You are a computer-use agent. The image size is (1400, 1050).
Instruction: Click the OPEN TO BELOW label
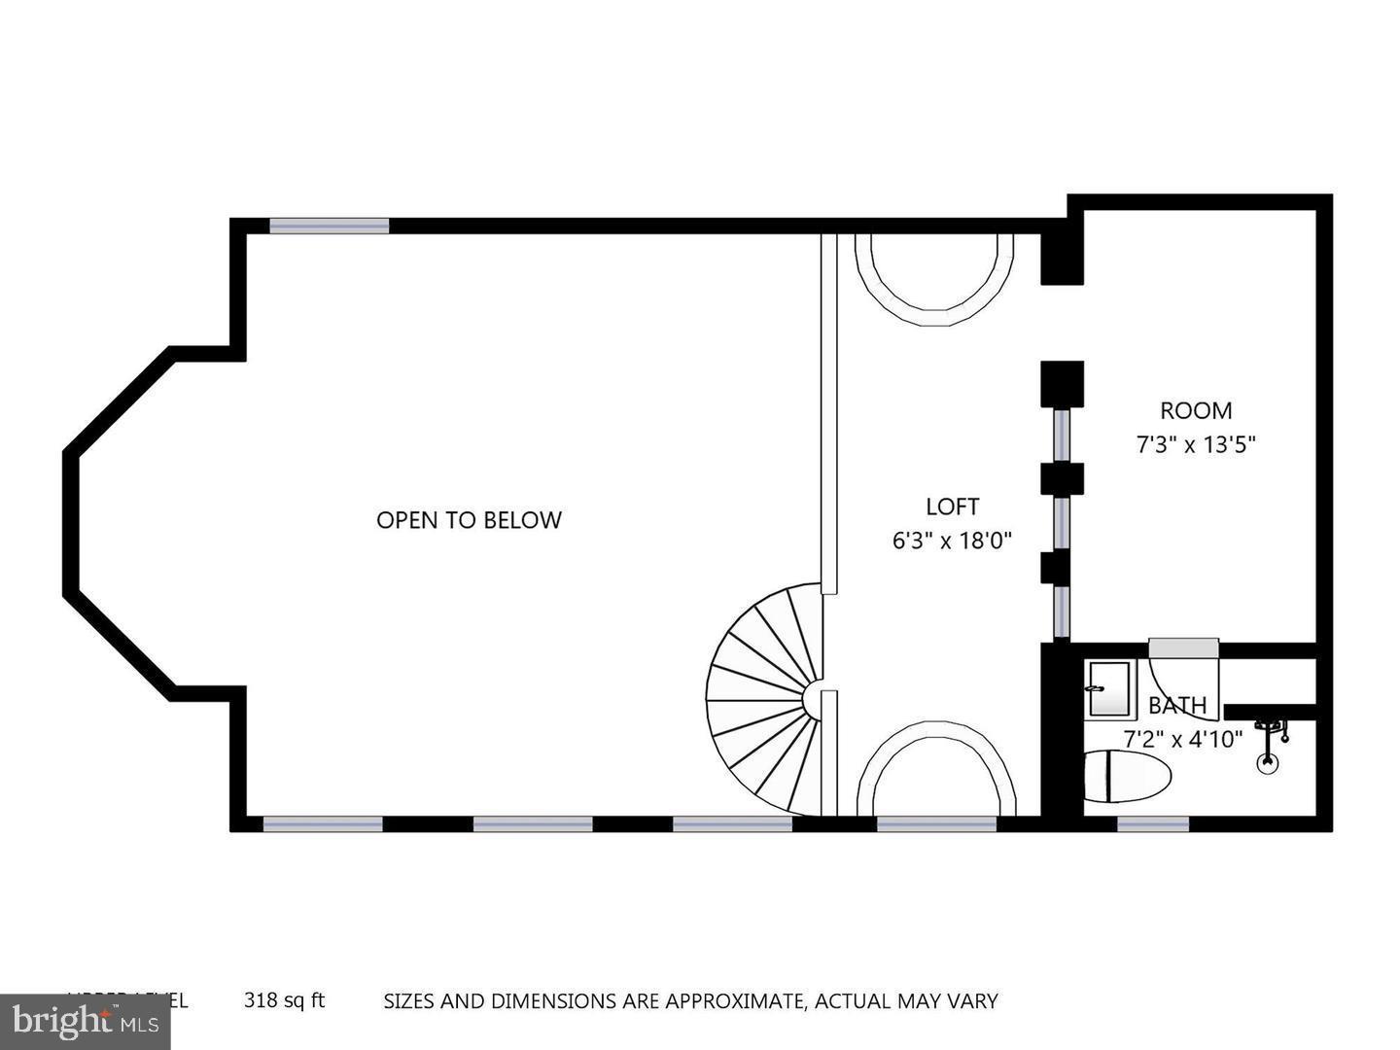click(469, 520)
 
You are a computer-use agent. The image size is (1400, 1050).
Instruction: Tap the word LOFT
click(952, 507)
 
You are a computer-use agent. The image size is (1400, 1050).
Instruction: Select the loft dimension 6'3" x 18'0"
click(952, 541)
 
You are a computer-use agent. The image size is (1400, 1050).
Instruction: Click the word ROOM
click(1196, 410)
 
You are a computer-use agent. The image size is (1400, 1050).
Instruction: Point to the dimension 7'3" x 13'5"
click(1196, 445)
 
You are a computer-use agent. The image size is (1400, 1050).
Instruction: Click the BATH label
click(1177, 705)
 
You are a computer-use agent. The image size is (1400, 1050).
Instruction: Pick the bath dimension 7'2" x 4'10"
click(1182, 739)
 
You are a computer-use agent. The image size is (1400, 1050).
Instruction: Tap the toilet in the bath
click(1128, 776)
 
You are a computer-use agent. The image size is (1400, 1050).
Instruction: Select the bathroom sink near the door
click(1108, 689)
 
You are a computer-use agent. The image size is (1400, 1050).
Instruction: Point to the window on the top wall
click(329, 226)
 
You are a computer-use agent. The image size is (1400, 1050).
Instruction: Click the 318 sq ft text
click(284, 1000)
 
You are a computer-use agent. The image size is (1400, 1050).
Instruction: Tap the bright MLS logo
click(85, 1022)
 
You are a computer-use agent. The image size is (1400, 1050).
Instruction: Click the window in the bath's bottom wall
click(1152, 824)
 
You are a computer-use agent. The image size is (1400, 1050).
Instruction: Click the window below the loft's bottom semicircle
click(936, 824)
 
